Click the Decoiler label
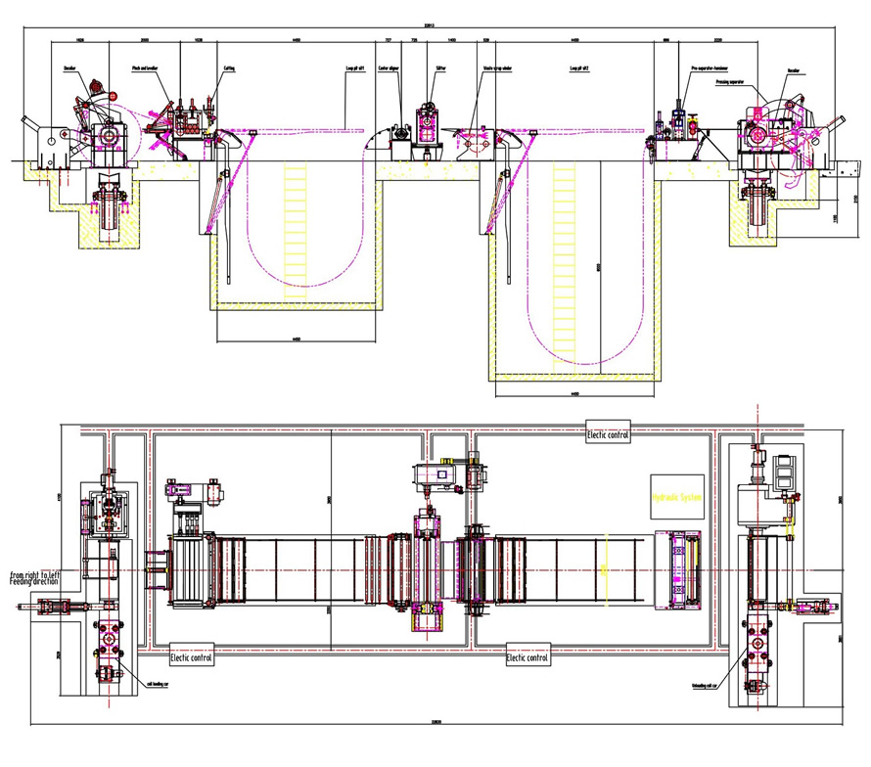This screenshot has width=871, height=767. (x=71, y=69)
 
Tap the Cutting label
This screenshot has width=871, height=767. (x=229, y=69)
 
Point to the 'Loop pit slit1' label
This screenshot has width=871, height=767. (x=359, y=69)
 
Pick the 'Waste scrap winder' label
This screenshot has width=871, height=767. (x=494, y=69)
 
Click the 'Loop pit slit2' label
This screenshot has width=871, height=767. (x=581, y=69)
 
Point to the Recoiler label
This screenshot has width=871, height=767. (x=794, y=69)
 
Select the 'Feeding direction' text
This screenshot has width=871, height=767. (x=34, y=583)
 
